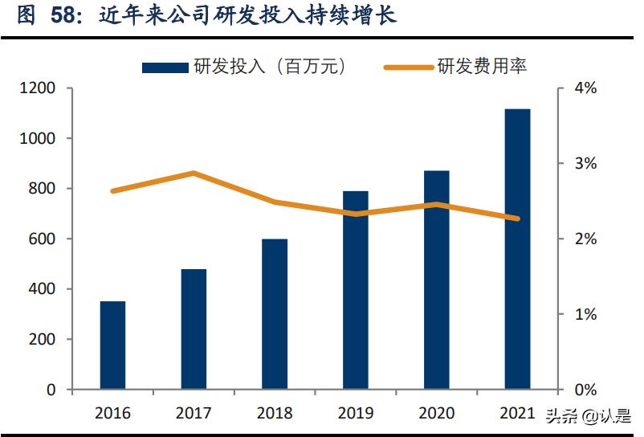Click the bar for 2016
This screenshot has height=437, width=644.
[x=112, y=345]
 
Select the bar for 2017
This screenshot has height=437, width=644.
[x=194, y=329]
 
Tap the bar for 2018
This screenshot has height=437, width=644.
[x=275, y=314]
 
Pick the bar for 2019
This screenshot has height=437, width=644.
[x=355, y=290]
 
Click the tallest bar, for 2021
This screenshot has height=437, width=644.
[x=517, y=249]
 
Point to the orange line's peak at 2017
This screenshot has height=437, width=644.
[x=194, y=174]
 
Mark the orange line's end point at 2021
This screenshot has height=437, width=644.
[x=517, y=218]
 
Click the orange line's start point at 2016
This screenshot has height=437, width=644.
[x=112, y=191]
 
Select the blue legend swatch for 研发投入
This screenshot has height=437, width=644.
[x=165, y=67]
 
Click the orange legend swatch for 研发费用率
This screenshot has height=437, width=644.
[x=409, y=67]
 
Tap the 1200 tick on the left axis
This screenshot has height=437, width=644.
[x=39, y=88]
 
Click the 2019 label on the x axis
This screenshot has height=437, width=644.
[x=355, y=413]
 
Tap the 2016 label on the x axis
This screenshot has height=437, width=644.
[x=112, y=413]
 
